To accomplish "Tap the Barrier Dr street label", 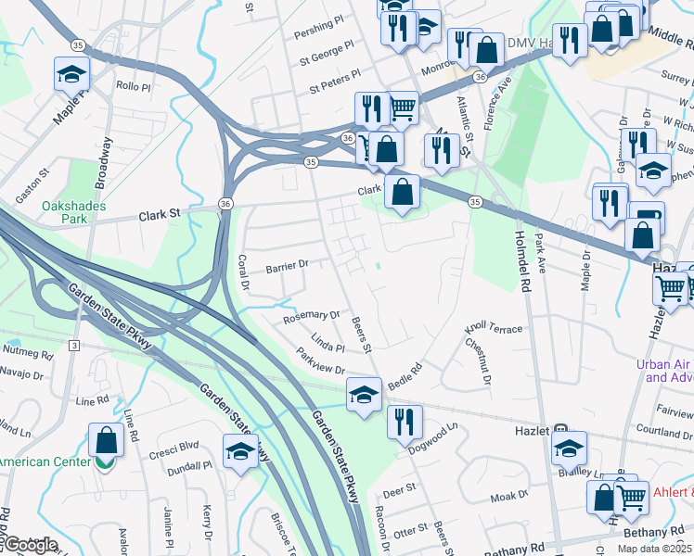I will [x=287, y=267].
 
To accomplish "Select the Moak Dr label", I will [x=509, y=498].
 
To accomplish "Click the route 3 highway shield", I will [x=73, y=346].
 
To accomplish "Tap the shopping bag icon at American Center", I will [x=106, y=439].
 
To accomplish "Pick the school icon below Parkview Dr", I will [x=364, y=394].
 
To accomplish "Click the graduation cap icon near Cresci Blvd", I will [x=241, y=451].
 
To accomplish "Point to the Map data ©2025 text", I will [x=654, y=549].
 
